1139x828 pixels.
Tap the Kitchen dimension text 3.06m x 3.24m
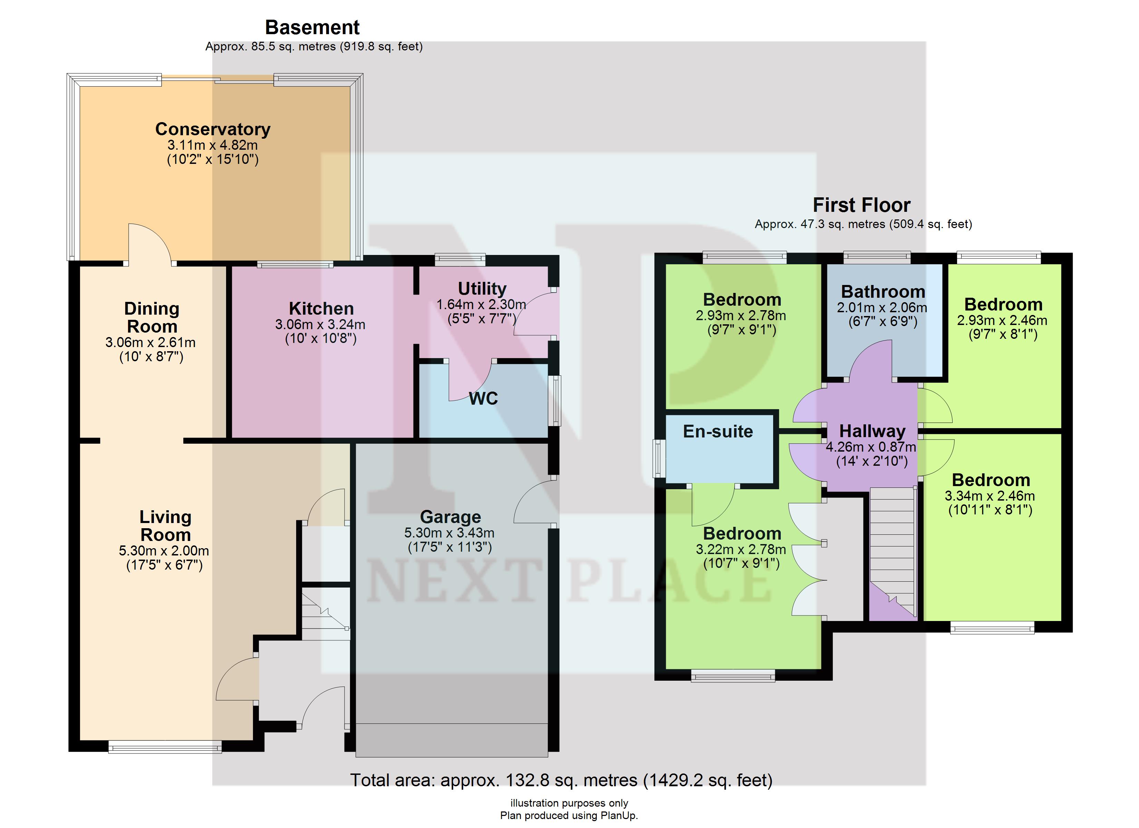click(320, 324)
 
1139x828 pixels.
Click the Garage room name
click(450, 517)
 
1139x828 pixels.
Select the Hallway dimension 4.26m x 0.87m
click(871, 447)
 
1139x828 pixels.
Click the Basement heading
click(312, 27)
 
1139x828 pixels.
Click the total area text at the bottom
click(561, 780)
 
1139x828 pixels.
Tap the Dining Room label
click(152, 317)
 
